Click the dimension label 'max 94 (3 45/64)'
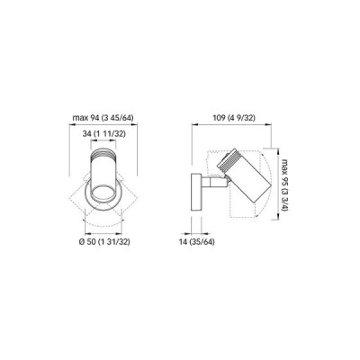pyautogui.click(x=103, y=118)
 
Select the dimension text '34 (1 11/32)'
pyautogui.click(x=103, y=134)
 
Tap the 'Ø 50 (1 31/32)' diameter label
pyautogui.click(x=104, y=242)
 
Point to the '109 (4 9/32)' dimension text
pyautogui.click(x=234, y=118)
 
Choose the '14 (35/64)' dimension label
pyautogui.click(x=197, y=242)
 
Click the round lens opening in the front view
pyautogui.click(x=103, y=193)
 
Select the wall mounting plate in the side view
pyautogui.click(x=196, y=192)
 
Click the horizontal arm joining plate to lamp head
pyautogui.click(x=213, y=182)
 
